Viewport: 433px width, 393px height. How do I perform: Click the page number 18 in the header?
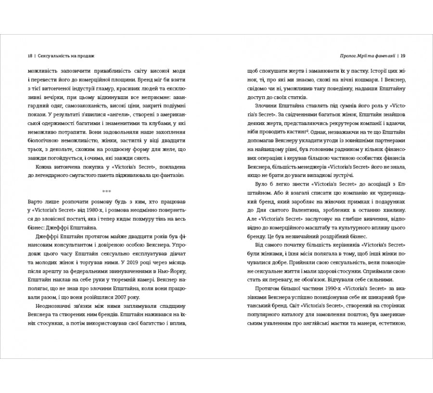coord(30,55)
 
